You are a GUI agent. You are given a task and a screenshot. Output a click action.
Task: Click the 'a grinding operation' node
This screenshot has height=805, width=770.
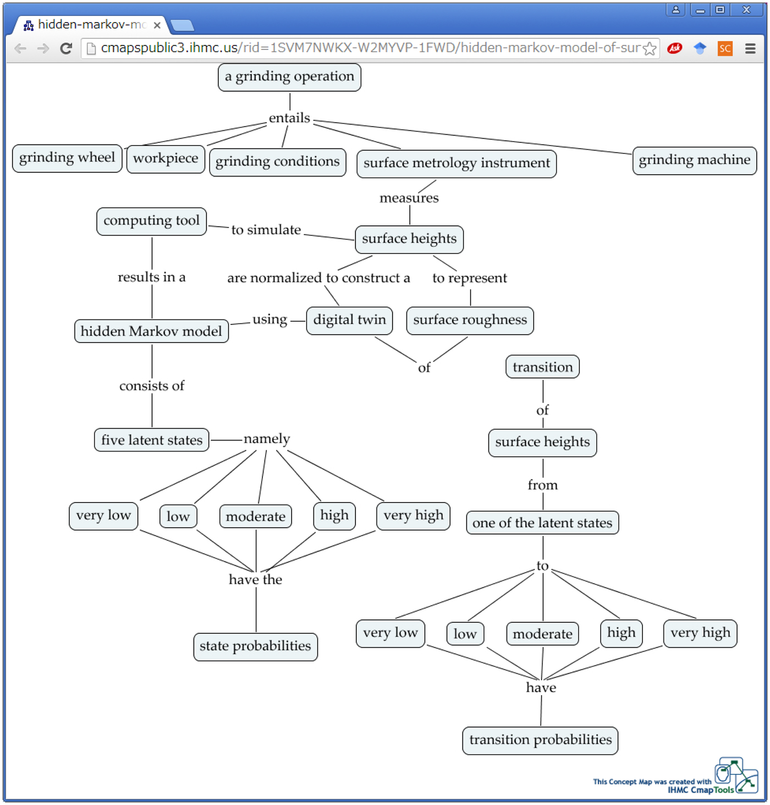pos(289,77)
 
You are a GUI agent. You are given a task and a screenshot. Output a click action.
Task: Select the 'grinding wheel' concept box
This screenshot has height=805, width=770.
pos(67,158)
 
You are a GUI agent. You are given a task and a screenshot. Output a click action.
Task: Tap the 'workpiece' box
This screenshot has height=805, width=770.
pos(166,159)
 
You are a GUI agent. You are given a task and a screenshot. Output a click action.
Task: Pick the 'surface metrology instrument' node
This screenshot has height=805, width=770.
pos(457,163)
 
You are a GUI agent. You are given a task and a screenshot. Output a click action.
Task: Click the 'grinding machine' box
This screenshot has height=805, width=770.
pos(694,161)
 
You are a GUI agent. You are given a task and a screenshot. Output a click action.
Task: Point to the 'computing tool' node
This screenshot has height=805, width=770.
pos(151,221)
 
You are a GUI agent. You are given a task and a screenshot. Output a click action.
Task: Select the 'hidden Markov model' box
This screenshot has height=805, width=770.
pos(151,331)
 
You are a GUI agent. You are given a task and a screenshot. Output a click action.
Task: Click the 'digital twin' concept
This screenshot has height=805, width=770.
pos(349,321)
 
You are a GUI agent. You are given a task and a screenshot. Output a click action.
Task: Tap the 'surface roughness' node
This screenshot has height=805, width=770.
pos(470,321)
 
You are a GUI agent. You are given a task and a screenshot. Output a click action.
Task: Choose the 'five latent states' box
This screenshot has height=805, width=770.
pos(152,440)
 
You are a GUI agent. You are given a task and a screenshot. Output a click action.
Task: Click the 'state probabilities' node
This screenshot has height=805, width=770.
pos(255,647)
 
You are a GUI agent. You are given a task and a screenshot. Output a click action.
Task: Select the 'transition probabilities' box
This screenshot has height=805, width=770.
pos(540,741)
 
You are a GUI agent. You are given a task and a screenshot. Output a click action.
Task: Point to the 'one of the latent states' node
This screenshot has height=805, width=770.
pos(542,523)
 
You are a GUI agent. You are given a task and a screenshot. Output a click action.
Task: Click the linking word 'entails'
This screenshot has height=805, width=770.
pos(289,118)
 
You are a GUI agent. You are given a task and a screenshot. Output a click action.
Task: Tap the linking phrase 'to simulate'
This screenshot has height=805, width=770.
pos(266,230)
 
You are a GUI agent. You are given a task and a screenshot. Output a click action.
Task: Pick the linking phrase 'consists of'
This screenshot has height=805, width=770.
pos(152,386)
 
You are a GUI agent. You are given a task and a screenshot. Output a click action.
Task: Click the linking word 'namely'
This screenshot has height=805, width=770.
pos(267,439)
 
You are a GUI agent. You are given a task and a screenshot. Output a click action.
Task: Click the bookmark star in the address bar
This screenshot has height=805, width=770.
pos(650,48)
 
